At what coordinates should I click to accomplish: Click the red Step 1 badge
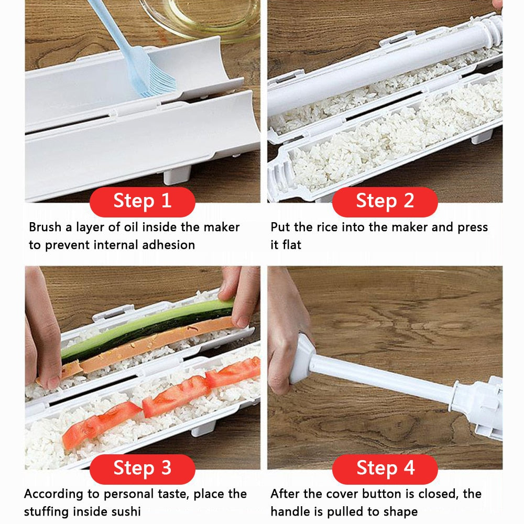pos(142,201)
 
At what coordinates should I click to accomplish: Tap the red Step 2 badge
pos(385,201)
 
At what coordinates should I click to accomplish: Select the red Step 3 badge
pos(142,468)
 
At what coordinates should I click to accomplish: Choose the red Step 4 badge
pos(385,468)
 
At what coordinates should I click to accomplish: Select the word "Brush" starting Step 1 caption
pos(45,227)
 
